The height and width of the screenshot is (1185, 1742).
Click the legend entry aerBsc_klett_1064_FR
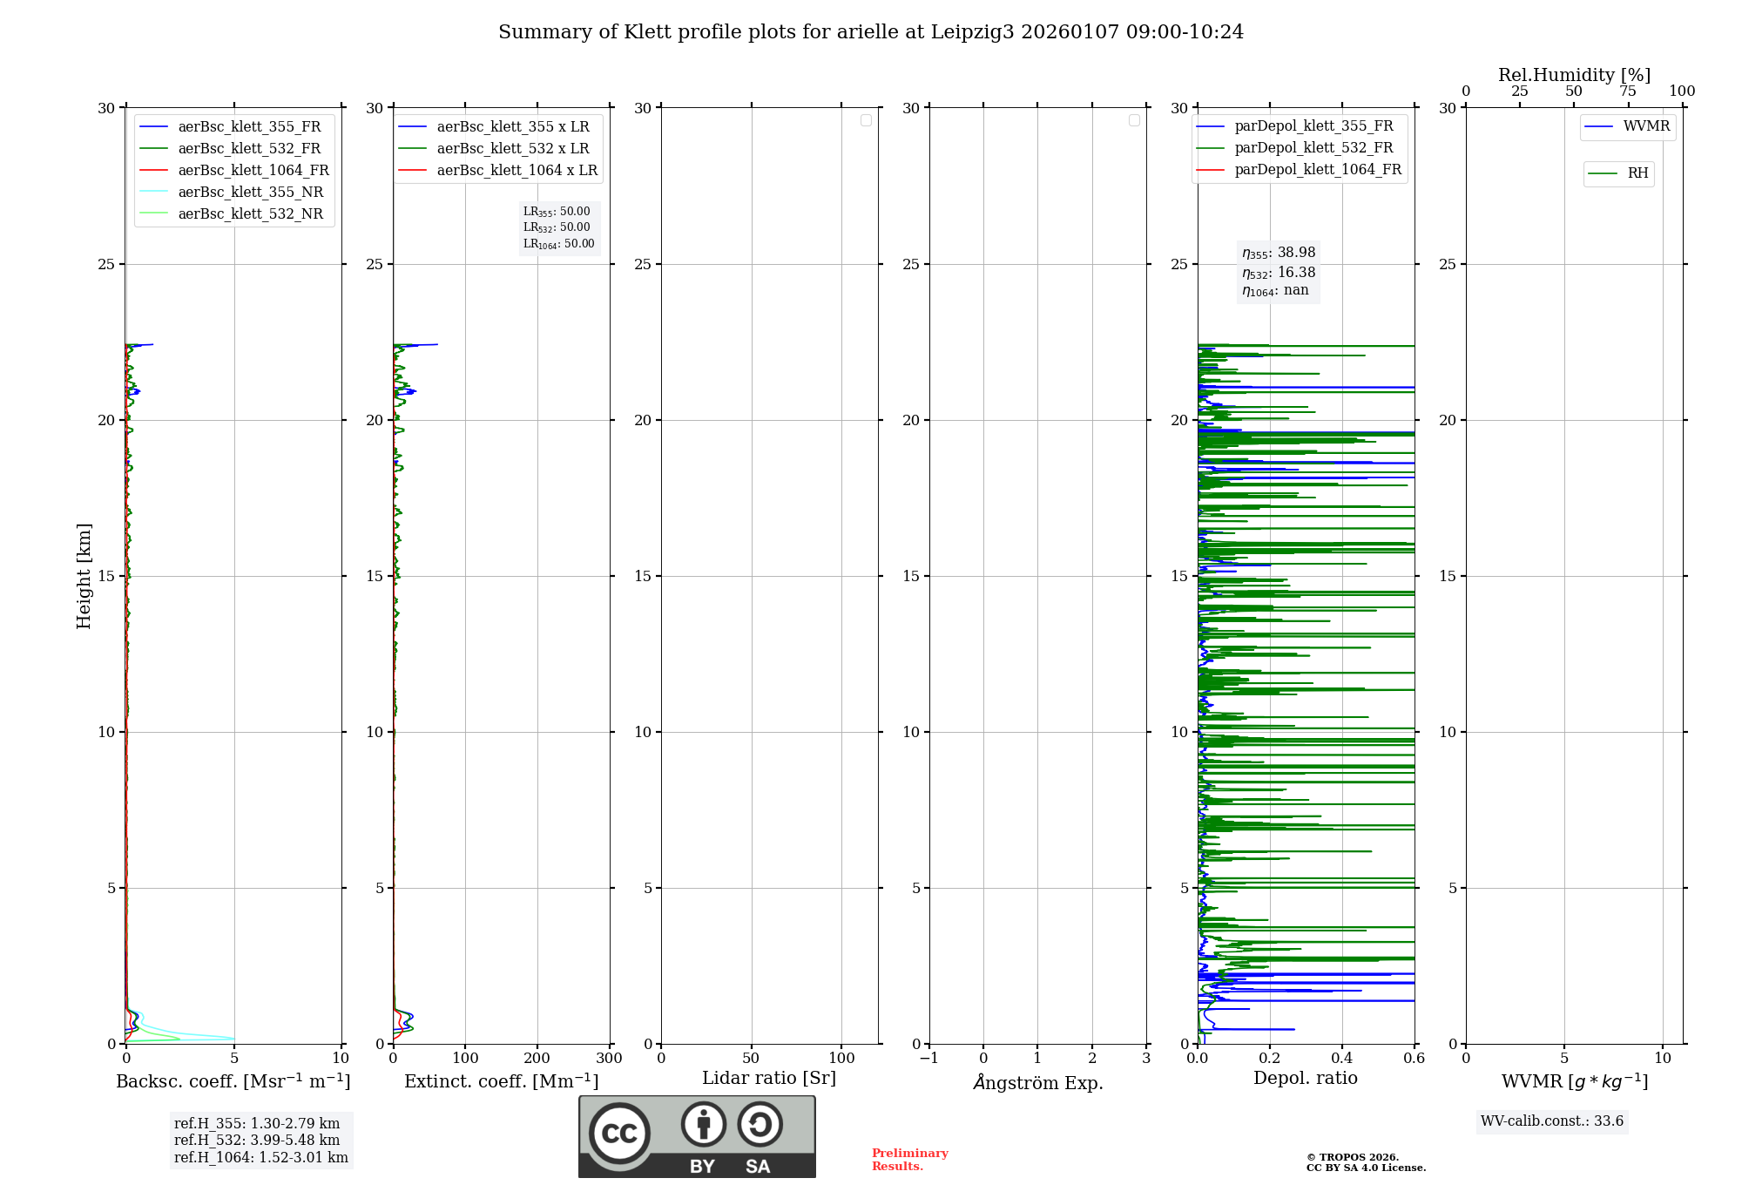pos(253,171)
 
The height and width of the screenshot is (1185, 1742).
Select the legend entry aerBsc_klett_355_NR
pos(250,193)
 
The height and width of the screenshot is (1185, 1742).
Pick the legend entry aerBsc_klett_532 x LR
pos(512,149)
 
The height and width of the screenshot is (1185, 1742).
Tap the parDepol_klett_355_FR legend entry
pos(1313,126)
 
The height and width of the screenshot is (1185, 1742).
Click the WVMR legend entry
pos(1645,126)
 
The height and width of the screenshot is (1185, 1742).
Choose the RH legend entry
pos(1637,173)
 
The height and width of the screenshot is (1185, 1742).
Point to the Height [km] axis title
pos(84,576)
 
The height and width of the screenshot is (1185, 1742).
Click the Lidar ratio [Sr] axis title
pos(769,1079)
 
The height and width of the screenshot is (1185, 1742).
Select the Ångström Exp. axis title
pos(1037,1083)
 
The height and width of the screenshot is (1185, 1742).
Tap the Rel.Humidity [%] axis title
pos(1574,75)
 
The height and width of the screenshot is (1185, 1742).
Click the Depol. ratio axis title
pos(1305,1079)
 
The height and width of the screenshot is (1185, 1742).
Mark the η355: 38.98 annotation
pos(1279,253)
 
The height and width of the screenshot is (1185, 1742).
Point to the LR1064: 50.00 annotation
pos(558,244)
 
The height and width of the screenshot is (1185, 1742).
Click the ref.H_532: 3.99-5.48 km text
pos(257,1141)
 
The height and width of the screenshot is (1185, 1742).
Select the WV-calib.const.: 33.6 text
pos(1551,1121)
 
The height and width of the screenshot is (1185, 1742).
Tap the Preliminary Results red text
pos(909,1160)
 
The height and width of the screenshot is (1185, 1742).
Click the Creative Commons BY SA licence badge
pos(697,1136)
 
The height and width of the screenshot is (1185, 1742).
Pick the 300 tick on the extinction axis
pos(609,1059)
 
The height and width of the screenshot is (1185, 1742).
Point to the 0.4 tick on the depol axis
pos(1341,1059)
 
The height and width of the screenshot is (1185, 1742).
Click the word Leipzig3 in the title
pos(972,32)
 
